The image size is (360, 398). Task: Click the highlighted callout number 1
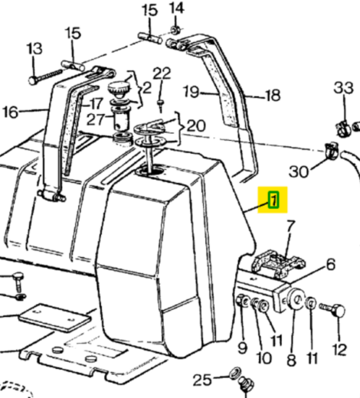click(x=273, y=201)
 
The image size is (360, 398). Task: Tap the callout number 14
click(x=177, y=8)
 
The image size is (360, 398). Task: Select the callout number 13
click(x=34, y=48)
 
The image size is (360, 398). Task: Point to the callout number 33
click(x=344, y=87)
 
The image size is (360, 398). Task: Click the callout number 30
click(x=299, y=171)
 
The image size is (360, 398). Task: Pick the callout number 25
click(x=202, y=380)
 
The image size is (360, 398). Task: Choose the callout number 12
click(x=339, y=349)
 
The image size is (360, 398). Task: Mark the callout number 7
click(x=290, y=226)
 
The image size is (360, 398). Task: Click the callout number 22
click(x=162, y=73)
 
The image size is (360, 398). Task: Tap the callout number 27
click(x=96, y=119)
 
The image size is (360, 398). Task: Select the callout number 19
click(x=191, y=92)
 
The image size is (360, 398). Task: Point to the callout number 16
click(x=10, y=112)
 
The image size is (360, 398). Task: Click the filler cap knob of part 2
click(x=119, y=90)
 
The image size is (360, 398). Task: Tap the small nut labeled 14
click(x=175, y=31)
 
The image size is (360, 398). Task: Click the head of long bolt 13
click(x=32, y=80)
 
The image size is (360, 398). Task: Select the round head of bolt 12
click(x=339, y=311)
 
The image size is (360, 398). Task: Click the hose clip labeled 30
click(x=331, y=151)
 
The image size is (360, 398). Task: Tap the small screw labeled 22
click(x=161, y=106)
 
